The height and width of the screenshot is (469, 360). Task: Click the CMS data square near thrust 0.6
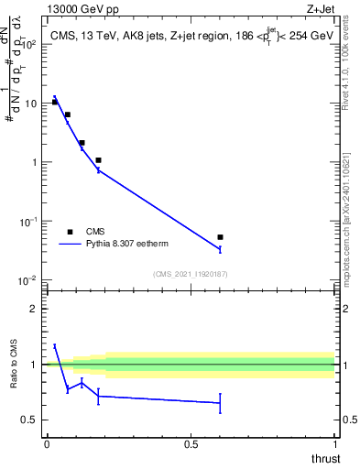220,237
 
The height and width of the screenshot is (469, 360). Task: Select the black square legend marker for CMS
70,232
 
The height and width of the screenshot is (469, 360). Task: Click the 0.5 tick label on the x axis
191,443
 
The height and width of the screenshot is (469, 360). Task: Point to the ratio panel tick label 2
33,309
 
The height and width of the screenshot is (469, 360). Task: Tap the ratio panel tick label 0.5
29,420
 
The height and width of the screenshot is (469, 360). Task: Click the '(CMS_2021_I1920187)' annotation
191,274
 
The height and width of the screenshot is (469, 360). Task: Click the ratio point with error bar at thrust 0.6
220,403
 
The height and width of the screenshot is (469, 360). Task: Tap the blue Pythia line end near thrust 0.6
220,249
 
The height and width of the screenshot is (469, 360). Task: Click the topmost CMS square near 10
55,102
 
